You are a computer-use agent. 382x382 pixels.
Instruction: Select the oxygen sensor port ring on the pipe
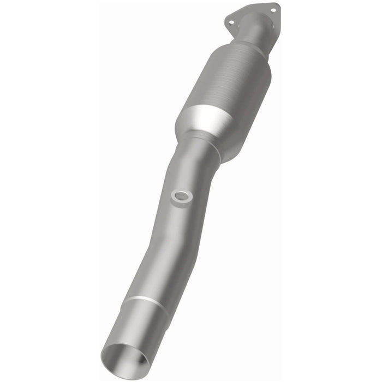[181, 197]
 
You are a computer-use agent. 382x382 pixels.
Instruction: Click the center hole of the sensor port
[181, 196]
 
